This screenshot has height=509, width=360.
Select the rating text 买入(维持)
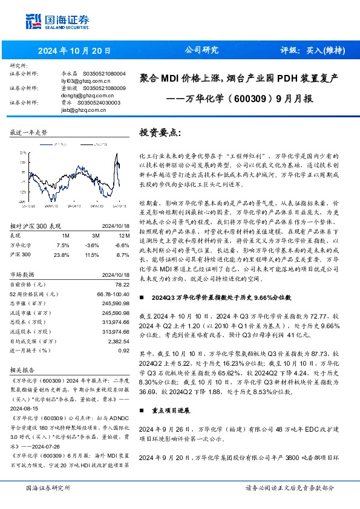click(x=321, y=51)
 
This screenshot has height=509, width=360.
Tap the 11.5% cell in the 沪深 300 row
click(x=92, y=255)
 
